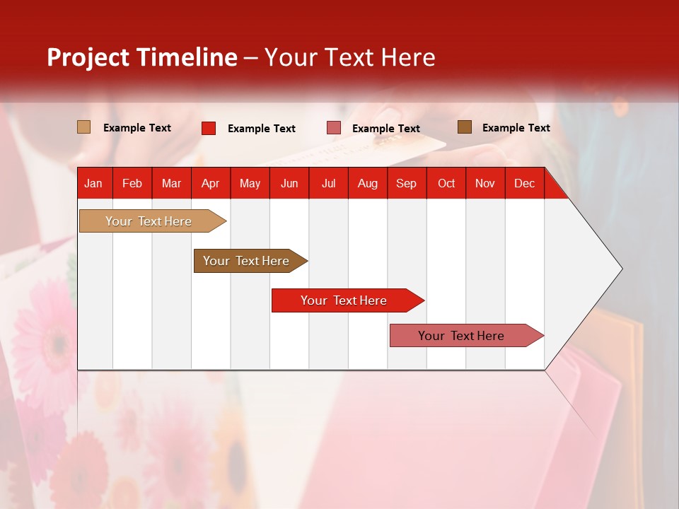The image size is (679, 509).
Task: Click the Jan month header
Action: tap(93, 184)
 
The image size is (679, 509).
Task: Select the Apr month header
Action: tap(210, 184)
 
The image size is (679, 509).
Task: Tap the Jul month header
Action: tap(328, 184)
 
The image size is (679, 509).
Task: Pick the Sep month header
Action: tap(406, 184)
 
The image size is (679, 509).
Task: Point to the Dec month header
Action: tap(524, 184)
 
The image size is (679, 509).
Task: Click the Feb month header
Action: tap(132, 184)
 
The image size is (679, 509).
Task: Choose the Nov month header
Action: tap(484, 184)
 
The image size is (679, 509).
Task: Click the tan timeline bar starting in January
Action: tap(149, 221)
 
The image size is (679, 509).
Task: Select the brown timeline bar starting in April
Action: tap(247, 261)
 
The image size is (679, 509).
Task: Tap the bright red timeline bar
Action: tap(344, 300)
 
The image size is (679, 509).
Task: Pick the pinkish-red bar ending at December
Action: tap(462, 336)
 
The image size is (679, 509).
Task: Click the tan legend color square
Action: tap(84, 127)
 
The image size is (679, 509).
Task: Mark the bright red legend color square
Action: tap(209, 128)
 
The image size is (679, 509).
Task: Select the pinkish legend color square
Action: tap(334, 128)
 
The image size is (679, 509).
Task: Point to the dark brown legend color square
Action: tap(464, 127)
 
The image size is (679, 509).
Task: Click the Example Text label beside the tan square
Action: tap(137, 128)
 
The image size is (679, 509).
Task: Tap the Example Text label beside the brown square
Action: tap(516, 128)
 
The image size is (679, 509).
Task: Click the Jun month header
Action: tap(289, 184)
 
